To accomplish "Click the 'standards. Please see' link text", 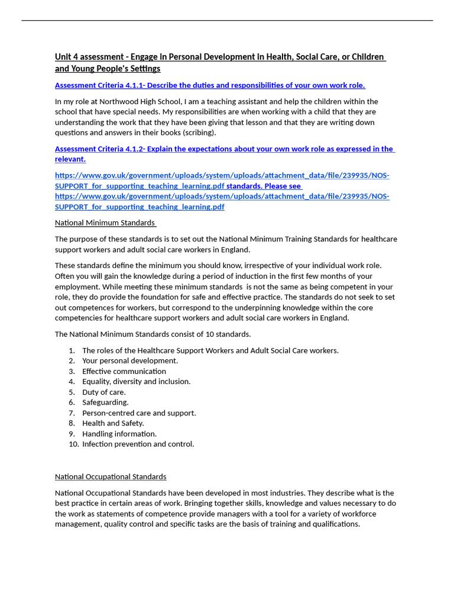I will [264, 186].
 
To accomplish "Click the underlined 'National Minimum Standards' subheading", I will [105, 223].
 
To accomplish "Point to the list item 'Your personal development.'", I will [129, 361].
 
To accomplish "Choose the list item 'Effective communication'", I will [124, 372].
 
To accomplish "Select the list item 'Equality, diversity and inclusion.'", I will [136, 382].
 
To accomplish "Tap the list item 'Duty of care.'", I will [103, 392].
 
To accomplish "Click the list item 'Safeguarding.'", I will [105, 402].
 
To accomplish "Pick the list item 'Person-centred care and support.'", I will [139, 413].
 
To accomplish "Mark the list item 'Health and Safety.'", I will [113, 423].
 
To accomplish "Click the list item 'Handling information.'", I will [119, 434].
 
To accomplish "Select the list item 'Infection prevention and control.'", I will [138, 444].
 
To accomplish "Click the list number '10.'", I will [73, 444].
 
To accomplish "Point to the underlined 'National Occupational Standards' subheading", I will [111, 477].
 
